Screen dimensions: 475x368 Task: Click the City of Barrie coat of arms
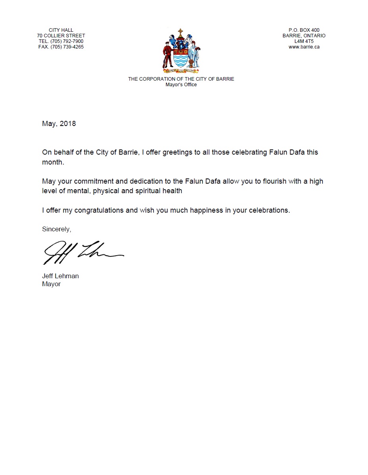pyautogui.click(x=181, y=51)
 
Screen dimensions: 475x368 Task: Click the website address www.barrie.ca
pyautogui.click(x=304, y=47)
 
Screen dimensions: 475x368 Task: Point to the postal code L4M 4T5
pyautogui.click(x=304, y=41)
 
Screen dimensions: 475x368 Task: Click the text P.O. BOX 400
pyautogui.click(x=304, y=30)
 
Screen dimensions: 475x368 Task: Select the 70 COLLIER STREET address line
pyautogui.click(x=61, y=36)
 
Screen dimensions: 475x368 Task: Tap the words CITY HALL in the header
pyautogui.click(x=61, y=30)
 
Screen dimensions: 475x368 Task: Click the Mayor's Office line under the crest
pyautogui.click(x=181, y=85)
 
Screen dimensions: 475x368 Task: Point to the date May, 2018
pyautogui.click(x=59, y=124)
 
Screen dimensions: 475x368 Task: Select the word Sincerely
pyautogui.click(x=56, y=229)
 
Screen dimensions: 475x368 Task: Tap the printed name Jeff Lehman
pyautogui.click(x=60, y=276)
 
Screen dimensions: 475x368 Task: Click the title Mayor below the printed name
pyautogui.click(x=51, y=284)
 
